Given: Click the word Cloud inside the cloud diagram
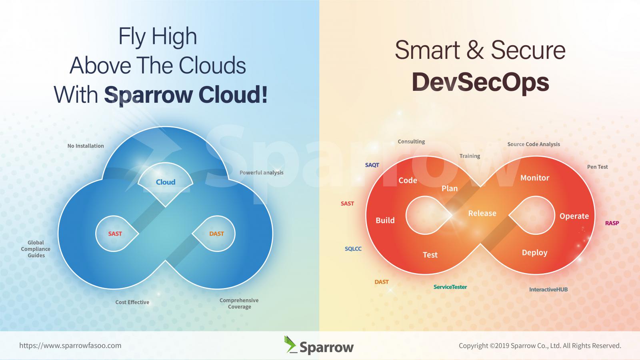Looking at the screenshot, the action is tap(166, 182).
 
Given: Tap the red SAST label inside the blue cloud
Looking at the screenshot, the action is tap(115, 234).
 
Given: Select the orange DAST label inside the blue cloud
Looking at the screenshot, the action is tap(216, 234).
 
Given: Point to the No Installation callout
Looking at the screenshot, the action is tap(86, 146).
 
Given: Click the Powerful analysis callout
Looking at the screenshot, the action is tap(262, 172).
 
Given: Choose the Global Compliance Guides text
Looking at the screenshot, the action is tap(36, 249).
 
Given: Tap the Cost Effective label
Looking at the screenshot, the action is tap(132, 302).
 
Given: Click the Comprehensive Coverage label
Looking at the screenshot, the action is tap(239, 304).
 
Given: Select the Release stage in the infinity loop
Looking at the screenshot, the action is tap(482, 213).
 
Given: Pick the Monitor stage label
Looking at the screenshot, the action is tap(535, 178).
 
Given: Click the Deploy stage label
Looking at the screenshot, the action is tap(534, 252).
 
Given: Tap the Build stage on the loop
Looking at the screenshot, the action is tap(385, 220).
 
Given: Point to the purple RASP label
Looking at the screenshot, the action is tap(612, 223).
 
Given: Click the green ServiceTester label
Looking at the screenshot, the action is tap(450, 287).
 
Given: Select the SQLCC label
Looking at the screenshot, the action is tap(353, 249).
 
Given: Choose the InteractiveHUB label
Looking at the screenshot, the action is tap(548, 290).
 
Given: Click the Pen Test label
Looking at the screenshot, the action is tap(598, 167).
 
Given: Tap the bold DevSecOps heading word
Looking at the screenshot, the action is tap(480, 82).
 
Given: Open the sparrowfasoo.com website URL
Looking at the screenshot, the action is tap(70, 346).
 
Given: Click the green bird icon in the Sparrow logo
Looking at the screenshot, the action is tap(290, 344).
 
